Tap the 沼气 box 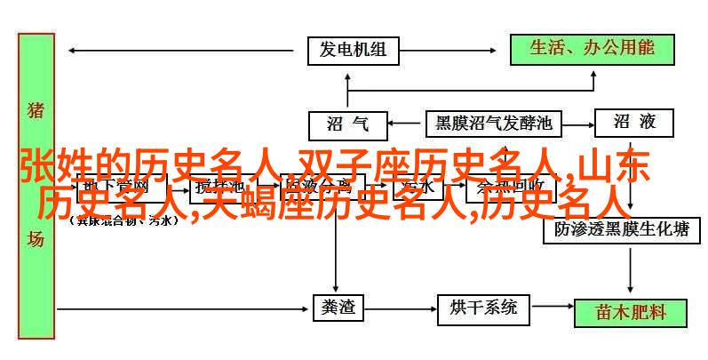pyautogui.click(x=347, y=124)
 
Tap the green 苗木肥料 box pyautogui.click(x=630, y=311)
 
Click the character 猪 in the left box pyautogui.click(x=36, y=111)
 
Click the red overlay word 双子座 pyautogui.click(x=348, y=166)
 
